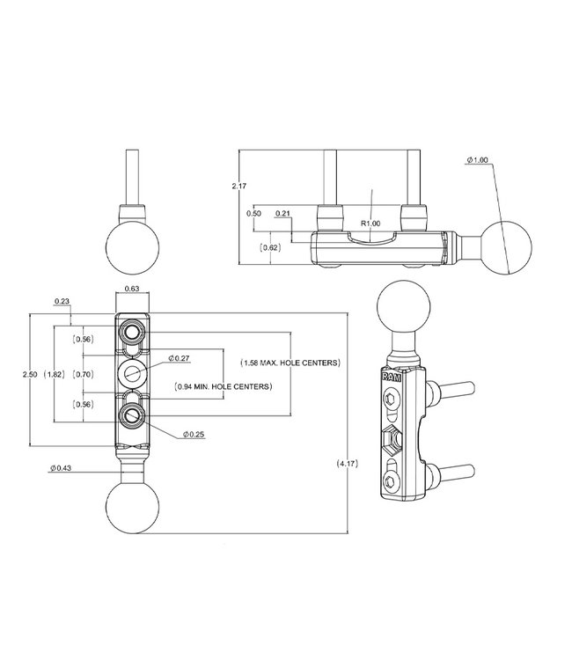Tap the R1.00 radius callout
click(371, 224)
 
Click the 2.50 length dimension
click(31, 374)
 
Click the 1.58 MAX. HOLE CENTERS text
click(290, 363)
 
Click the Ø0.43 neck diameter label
click(62, 467)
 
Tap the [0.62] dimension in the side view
click(272, 249)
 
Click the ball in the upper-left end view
click(132, 246)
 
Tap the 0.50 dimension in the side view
click(254, 213)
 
